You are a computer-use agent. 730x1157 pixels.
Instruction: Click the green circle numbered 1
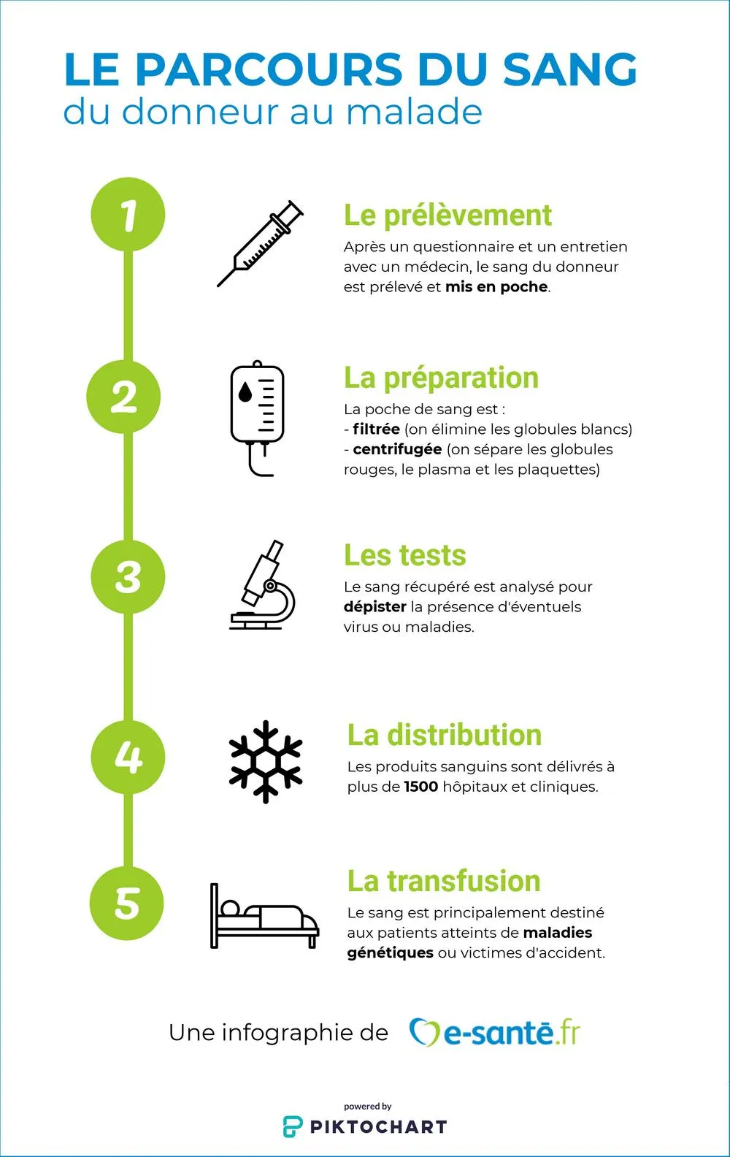click(x=128, y=214)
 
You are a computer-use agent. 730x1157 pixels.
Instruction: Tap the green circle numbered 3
click(x=128, y=576)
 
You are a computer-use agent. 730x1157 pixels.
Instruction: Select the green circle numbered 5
click(x=127, y=904)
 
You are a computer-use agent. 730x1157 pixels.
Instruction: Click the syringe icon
click(x=260, y=243)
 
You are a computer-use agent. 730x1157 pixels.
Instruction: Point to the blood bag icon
click(x=257, y=418)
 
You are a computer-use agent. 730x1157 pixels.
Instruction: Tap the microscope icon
click(x=262, y=584)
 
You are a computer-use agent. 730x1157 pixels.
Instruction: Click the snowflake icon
click(x=266, y=761)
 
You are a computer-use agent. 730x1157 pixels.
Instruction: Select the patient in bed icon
click(x=265, y=916)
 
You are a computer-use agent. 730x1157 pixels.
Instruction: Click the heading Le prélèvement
click(x=447, y=215)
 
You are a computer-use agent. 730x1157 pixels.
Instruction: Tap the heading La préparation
click(x=442, y=378)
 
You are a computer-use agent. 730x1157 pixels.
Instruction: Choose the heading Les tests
click(x=404, y=555)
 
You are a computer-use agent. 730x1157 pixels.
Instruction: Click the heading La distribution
click(x=445, y=735)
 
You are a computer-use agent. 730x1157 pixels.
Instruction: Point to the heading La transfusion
click(x=444, y=881)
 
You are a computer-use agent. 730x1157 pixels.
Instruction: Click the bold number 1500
click(x=421, y=787)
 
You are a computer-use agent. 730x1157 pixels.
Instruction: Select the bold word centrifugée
click(x=398, y=450)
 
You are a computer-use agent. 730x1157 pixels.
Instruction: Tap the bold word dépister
click(x=375, y=607)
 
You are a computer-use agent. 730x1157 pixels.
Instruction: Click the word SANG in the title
click(x=570, y=69)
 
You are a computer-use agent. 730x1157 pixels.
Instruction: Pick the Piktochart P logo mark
click(x=293, y=1126)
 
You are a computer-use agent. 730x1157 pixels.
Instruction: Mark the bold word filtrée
click(x=377, y=429)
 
